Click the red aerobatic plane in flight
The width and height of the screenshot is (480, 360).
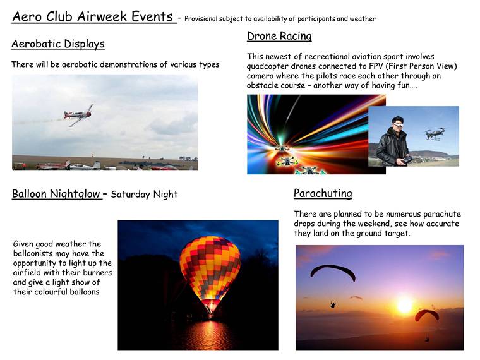[x=78, y=115]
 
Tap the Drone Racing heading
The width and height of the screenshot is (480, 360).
[x=279, y=36]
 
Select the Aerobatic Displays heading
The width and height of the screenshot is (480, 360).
[x=58, y=44]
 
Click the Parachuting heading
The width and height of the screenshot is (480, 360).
[x=323, y=193]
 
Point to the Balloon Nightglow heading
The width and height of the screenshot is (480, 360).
[x=56, y=194]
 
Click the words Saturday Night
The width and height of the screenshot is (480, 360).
[x=144, y=195]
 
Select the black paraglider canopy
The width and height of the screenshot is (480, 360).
[x=333, y=271]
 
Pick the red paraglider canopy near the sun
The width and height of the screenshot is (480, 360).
[x=427, y=315]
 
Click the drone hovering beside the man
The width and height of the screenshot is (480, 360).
[x=435, y=134]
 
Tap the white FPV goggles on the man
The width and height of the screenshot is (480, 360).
[x=398, y=125]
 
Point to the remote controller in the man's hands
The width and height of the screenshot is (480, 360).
[x=407, y=160]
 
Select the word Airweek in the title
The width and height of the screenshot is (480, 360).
[x=102, y=17]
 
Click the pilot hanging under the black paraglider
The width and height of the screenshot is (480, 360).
[x=333, y=304]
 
